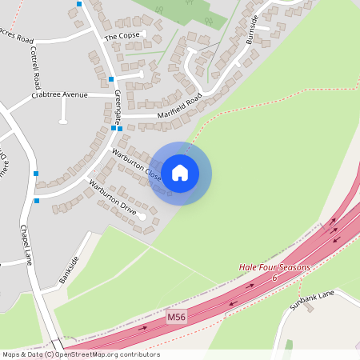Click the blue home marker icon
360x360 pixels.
coord(180,173)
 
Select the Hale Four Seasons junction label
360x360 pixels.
coord(274,267)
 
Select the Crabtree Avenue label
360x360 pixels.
coord(59,95)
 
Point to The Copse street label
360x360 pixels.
coord(122,36)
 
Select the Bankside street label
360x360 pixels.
coord(70,269)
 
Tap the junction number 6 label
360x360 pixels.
coord(274,278)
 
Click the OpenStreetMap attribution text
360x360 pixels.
coord(80,354)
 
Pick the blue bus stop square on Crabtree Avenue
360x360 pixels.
coord(62,122)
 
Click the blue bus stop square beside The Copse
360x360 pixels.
coord(111,79)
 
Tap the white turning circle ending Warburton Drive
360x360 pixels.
coord(142,216)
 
